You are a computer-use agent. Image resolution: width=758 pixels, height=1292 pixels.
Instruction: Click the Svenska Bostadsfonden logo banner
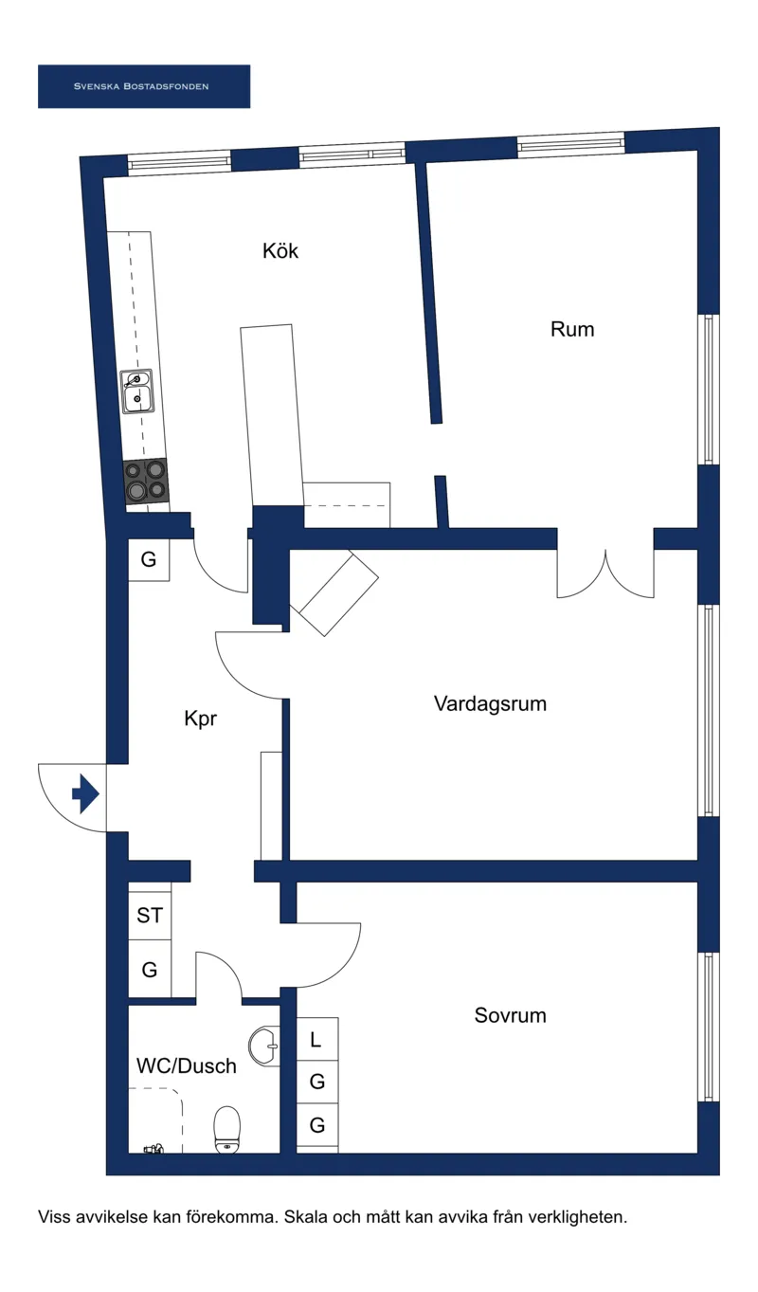143,86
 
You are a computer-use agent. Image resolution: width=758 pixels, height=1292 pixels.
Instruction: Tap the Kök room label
280,251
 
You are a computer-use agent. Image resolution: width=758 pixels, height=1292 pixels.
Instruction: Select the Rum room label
572,330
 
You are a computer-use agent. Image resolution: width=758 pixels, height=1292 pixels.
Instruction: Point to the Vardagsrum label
490,704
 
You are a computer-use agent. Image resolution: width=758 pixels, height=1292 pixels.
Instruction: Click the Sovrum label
510,1016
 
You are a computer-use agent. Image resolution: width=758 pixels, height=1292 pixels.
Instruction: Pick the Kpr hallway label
201,719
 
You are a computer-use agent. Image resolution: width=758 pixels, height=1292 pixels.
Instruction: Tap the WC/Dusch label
187,1066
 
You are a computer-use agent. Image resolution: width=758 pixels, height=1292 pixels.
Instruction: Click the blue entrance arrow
85,794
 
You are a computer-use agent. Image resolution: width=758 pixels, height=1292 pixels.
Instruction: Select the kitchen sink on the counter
137,391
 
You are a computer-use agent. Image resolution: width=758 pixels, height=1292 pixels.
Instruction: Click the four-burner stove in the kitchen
145,481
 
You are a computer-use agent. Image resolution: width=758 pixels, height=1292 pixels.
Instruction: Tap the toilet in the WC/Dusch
227,1129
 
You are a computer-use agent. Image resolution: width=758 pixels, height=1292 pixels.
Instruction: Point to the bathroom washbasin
264,1046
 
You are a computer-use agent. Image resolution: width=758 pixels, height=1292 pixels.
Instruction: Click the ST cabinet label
150,916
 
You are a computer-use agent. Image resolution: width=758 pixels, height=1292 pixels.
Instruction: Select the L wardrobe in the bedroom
316,1039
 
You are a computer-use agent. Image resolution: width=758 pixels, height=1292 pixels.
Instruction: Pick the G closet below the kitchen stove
149,560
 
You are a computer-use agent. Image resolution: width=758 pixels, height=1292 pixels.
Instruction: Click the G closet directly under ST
150,971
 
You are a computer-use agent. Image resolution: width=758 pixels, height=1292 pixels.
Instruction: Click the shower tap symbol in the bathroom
154,1148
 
